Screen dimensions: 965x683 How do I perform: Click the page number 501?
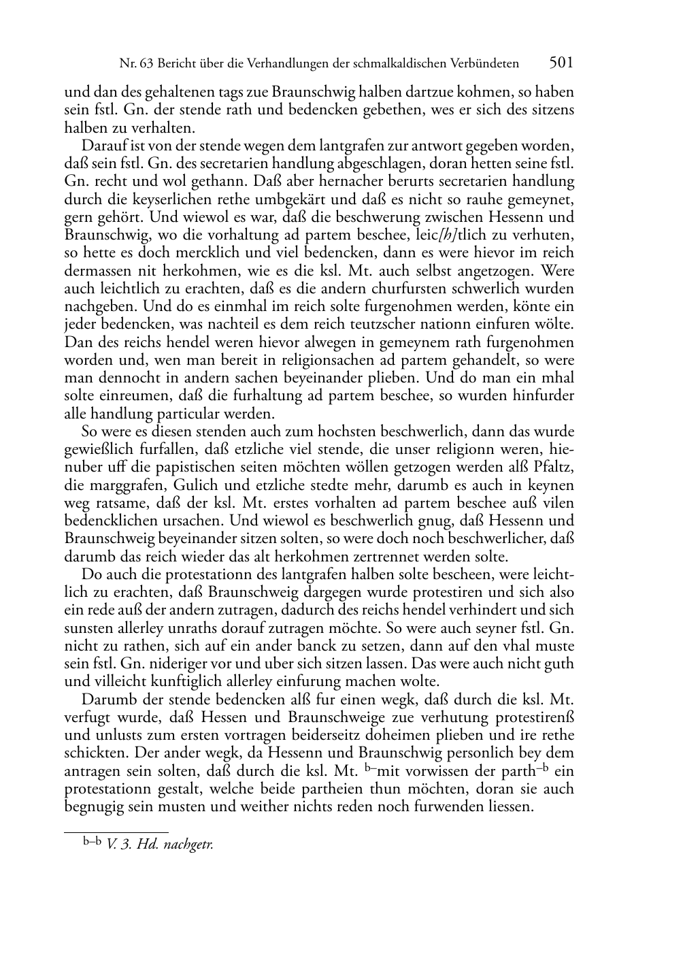coord(561,63)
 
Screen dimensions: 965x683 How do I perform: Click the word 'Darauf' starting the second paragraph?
coord(103,146)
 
